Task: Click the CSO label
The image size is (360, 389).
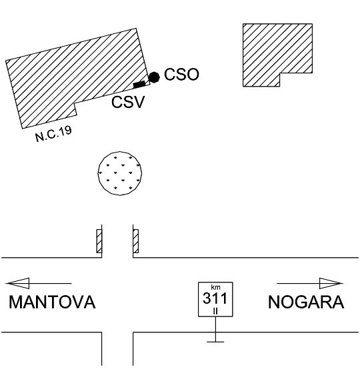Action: (181, 74)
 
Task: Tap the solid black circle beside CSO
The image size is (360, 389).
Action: (154, 77)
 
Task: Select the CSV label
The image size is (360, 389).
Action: (128, 102)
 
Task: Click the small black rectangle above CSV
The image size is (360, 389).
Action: (139, 85)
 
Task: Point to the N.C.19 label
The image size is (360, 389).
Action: (53, 134)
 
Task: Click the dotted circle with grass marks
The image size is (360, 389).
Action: (120, 173)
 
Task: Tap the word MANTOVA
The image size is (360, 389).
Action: (52, 302)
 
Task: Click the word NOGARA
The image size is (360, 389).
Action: (306, 302)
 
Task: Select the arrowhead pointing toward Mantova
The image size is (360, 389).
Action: (17, 283)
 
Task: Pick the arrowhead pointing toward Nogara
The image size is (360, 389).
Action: (331, 283)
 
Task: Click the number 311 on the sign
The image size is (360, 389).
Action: (215, 298)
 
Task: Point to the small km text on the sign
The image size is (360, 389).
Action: (215, 287)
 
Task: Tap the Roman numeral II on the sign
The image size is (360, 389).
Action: (215, 311)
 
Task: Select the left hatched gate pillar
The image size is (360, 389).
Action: (99, 241)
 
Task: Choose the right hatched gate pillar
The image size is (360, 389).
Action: (136, 241)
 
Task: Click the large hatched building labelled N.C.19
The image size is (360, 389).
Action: (75, 75)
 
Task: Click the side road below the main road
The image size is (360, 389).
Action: (117, 348)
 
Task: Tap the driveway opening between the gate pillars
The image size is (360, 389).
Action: (117, 241)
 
